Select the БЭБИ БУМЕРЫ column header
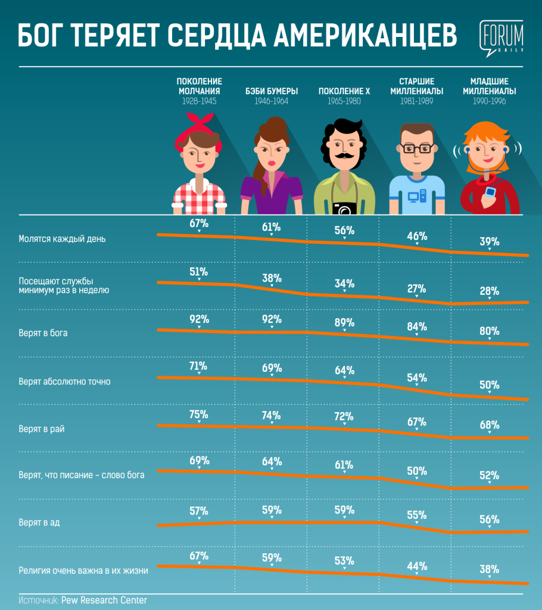coord(272,91)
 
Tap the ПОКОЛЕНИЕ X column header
coord(344,91)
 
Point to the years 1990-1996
coord(490,101)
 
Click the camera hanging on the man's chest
coord(344,208)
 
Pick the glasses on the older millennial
coord(417,148)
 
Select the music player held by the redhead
coord(490,193)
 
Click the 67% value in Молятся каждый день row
coord(199,224)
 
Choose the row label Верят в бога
coord(43,333)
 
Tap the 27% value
coord(417,289)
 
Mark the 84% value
coord(417,326)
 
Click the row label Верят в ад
coord(39,522)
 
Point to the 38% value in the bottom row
coord(490,569)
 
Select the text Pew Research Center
coord(104,600)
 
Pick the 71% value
coord(199,366)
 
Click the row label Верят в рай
coord(41,428)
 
